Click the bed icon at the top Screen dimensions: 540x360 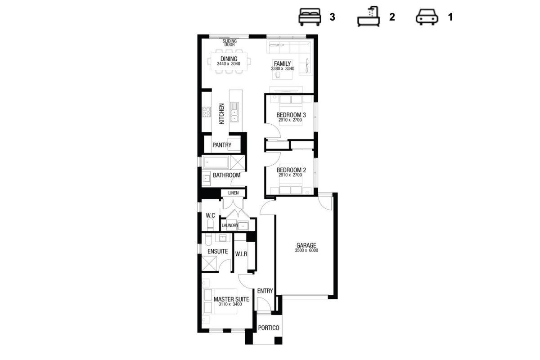click(310, 17)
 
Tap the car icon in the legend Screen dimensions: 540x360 click(427, 17)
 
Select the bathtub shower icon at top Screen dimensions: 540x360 click(369, 16)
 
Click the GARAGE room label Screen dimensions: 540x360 click(306, 245)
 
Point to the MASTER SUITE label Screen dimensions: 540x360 click(231, 299)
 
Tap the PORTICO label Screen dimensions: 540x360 click(269, 328)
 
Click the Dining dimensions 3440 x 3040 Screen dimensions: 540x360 click(229, 63)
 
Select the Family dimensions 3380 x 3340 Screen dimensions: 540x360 click(283, 69)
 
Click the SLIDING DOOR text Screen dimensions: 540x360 click(229, 43)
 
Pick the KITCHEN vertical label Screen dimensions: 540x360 click(221, 113)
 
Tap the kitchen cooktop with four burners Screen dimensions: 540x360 click(206, 112)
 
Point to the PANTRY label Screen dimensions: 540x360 click(222, 145)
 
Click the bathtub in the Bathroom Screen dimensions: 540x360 click(216, 162)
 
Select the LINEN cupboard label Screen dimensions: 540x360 click(234, 193)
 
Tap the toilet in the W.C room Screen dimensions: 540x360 click(210, 225)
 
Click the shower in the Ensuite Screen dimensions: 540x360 click(209, 264)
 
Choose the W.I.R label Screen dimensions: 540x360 click(241, 254)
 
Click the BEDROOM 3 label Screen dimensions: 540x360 click(291, 115)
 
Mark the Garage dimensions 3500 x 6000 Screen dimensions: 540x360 click(306, 251)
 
